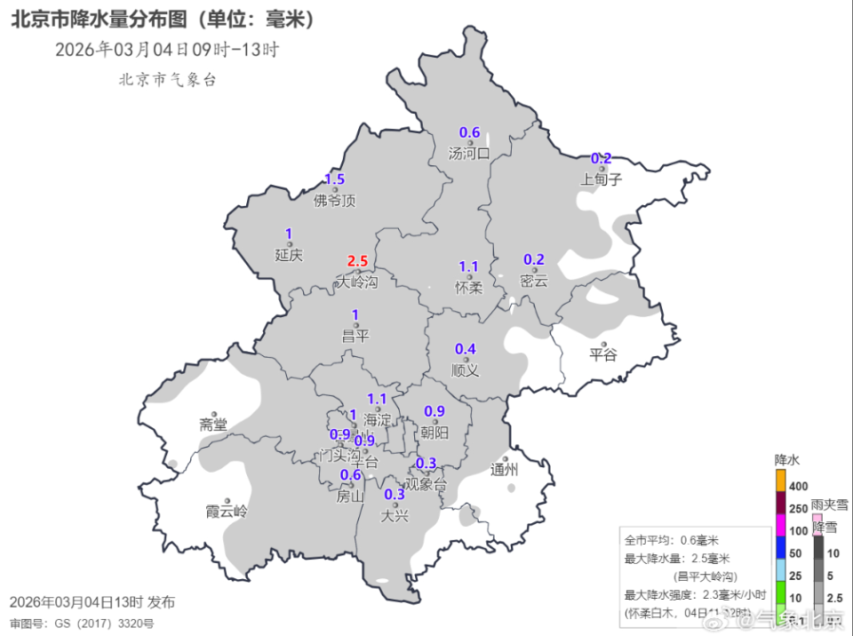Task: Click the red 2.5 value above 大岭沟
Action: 357,261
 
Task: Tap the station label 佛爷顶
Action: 335,201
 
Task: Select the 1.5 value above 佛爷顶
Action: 334,179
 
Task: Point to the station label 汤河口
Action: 469,153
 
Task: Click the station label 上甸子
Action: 602,179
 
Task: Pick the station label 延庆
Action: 289,255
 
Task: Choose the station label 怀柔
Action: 468,287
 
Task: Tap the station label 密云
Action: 534,281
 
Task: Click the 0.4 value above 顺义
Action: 465,349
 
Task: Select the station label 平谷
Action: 602,355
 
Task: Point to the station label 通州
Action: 504,470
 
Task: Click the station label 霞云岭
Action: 227,512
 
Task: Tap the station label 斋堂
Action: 213,425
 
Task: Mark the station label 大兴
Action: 395,515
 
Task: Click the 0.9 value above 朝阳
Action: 434,411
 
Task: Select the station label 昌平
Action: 355,335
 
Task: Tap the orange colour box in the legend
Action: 781,481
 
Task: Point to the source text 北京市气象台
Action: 167,79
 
